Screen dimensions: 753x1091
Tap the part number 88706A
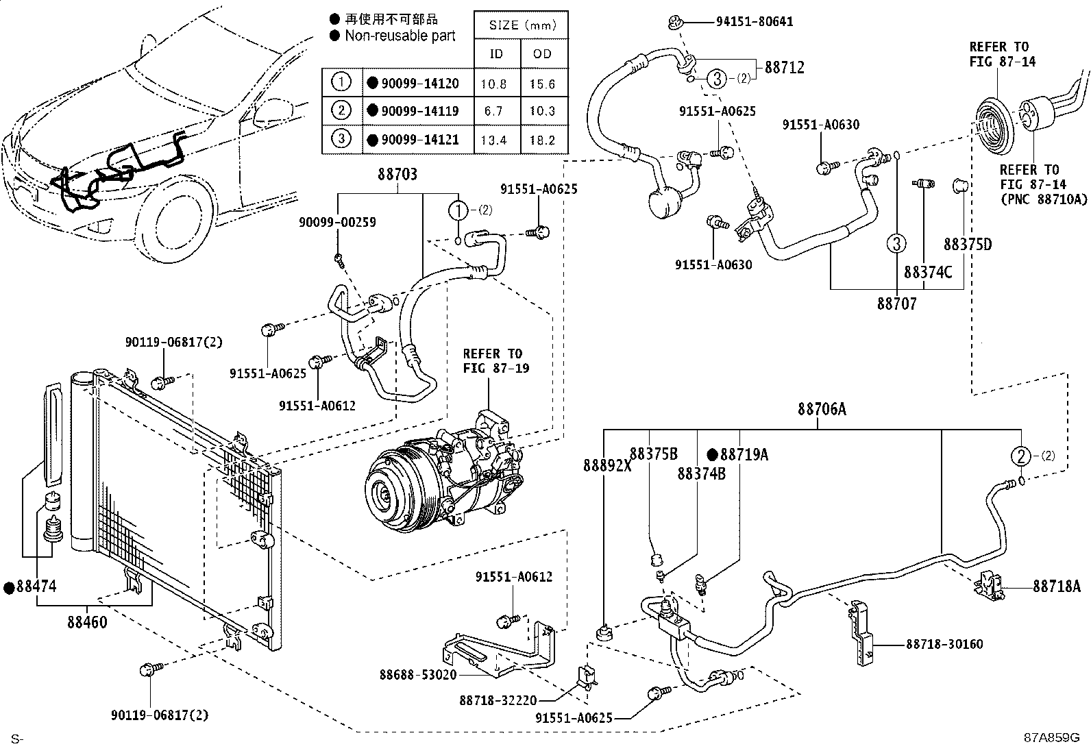[x=822, y=410]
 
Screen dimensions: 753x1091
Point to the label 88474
[x=36, y=587]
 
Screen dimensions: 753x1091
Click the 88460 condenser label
[x=87, y=623]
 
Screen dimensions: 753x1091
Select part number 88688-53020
[x=418, y=675]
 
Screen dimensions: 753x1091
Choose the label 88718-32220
[x=498, y=700]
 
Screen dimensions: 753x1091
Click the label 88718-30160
[x=944, y=644]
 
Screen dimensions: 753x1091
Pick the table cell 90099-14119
[x=419, y=112]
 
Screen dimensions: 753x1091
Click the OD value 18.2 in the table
[x=542, y=140]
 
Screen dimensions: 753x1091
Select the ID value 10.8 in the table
[x=493, y=84]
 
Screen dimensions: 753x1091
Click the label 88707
[x=896, y=303]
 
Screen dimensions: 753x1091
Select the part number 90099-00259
[x=336, y=223]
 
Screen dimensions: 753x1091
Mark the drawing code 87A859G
[x=1051, y=738]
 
